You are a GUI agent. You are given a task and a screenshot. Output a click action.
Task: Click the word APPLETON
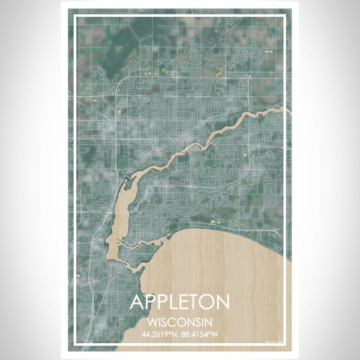179,302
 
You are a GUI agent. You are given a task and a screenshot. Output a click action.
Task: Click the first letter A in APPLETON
137,302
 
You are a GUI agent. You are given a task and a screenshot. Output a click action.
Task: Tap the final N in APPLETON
221,302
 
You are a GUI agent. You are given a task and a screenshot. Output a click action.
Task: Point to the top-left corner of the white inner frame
74,16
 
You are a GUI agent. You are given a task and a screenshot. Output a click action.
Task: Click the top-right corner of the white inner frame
285,16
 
